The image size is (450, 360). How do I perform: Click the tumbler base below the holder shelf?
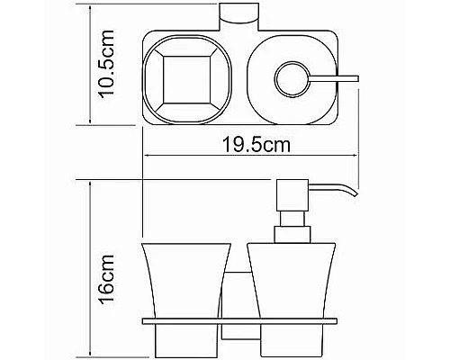click(x=181, y=337)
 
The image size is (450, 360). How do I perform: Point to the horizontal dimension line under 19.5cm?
click(x=250, y=155)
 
